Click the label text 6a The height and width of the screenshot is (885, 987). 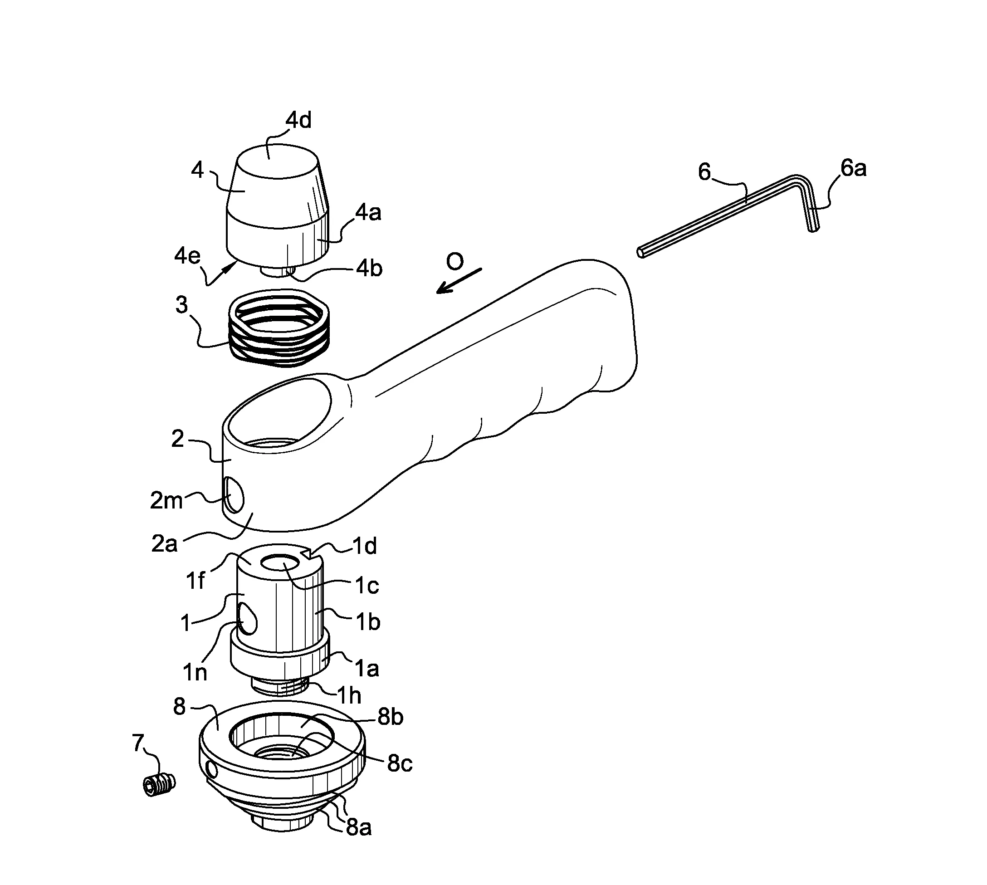854,168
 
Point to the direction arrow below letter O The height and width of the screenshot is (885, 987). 459,281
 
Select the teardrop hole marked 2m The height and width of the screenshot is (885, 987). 234,495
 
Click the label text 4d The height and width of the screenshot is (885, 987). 298,120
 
